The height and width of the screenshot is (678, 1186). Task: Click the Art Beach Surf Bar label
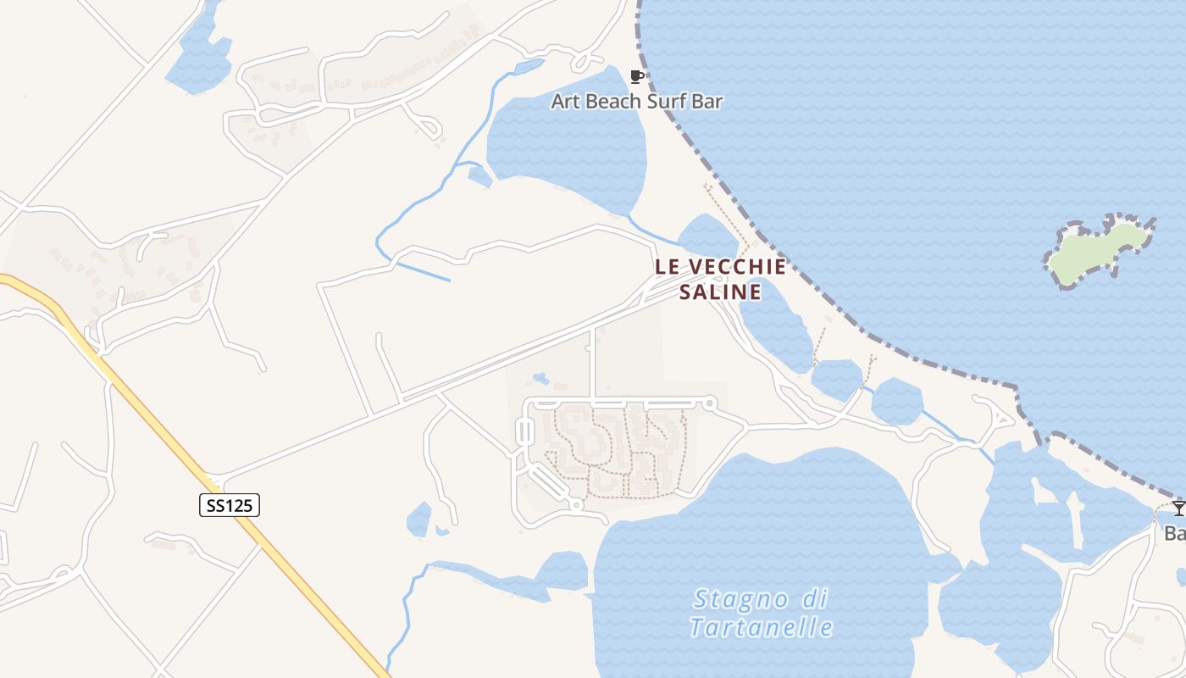click(636, 102)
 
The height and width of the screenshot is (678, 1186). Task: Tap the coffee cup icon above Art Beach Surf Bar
click(637, 77)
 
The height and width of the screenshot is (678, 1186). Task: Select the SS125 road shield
click(229, 505)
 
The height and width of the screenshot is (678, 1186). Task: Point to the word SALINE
click(721, 292)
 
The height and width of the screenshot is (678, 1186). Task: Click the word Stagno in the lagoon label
click(740, 600)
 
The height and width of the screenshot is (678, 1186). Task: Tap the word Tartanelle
click(761, 628)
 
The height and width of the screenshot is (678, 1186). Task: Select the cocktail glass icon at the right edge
click(1178, 508)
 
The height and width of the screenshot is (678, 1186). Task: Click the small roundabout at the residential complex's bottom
click(576, 505)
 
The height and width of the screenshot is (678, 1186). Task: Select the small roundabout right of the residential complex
click(710, 403)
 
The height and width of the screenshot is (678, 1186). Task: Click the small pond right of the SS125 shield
click(419, 519)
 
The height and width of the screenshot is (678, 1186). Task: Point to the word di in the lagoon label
click(812, 599)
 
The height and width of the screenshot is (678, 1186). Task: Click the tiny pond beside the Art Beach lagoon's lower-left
click(479, 176)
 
